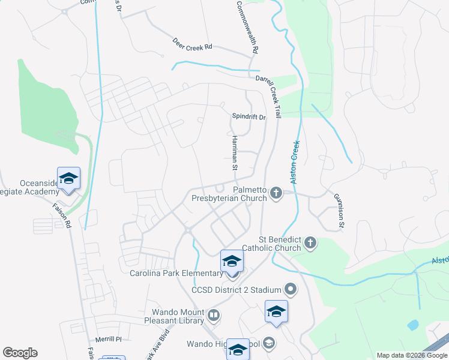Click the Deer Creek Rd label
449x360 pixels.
click(x=192, y=46)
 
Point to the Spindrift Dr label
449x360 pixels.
click(x=249, y=117)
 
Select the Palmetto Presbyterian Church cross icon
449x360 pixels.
click(x=276, y=193)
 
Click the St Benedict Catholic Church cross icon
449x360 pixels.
click(x=310, y=242)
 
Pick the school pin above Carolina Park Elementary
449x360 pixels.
click(x=232, y=262)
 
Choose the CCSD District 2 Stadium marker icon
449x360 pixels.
click(x=291, y=290)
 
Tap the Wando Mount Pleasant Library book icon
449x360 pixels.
click(x=214, y=315)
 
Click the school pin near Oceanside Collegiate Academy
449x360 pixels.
click(x=68, y=179)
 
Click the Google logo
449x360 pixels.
click(x=20, y=353)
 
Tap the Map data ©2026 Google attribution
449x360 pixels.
click(x=411, y=355)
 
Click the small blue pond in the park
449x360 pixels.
click(x=413, y=325)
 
